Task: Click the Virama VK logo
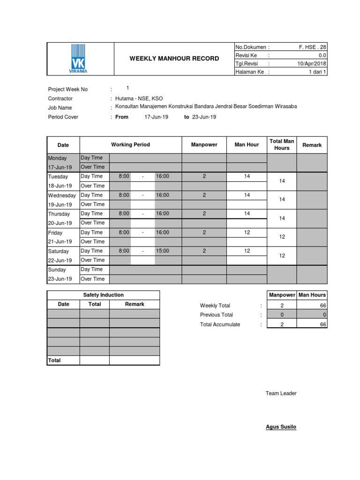79,59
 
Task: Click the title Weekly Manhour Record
174,59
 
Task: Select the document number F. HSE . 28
313,47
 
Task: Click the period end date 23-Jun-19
204,117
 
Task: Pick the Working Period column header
130,144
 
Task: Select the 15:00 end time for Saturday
162,251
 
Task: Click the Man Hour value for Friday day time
247,232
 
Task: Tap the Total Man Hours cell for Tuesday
282,181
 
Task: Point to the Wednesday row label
62,195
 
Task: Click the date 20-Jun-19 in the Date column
60,223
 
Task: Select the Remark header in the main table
312,145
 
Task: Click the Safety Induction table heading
103,295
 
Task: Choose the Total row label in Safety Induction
54,360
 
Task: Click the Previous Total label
216,315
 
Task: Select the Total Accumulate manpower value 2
282,324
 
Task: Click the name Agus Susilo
281,427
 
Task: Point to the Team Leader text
281,393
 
